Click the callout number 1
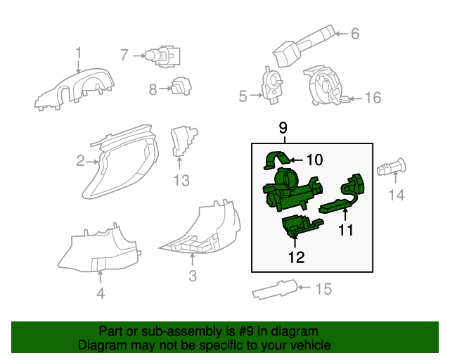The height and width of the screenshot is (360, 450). click(x=79, y=52)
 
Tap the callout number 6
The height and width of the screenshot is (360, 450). click(x=354, y=33)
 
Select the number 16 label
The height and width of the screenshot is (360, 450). click(x=373, y=97)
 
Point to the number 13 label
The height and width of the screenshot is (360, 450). click(x=181, y=181)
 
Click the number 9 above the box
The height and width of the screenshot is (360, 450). click(x=283, y=127)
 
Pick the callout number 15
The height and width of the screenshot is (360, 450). click(x=322, y=288)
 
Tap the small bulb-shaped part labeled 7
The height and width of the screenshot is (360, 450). click(x=156, y=54)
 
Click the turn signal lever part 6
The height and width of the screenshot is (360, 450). click(x=302, y=44)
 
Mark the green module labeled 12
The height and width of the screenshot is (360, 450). click(x=298, y=227)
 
